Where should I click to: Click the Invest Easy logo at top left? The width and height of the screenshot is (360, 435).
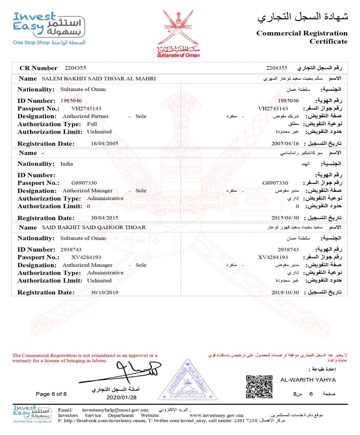pos(49,28)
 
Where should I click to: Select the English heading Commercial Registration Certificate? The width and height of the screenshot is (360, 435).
pos(302,37)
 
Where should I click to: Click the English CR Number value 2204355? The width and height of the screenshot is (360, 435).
pos(75,68)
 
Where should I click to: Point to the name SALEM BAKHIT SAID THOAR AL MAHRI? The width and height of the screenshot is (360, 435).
pos(98,79)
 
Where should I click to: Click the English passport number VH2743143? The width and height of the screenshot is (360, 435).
pos(86,109)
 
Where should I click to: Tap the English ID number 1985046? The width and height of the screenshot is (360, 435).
pos(71,101)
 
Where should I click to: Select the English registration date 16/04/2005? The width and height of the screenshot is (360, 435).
pos(104,144)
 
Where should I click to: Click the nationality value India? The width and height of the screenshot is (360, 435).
pos(66,164)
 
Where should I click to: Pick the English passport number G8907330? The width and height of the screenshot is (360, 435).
pos(84,183)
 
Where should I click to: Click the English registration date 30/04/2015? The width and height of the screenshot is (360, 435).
pos(104,218)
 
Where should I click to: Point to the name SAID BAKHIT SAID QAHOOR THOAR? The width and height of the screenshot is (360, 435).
pos(94,228)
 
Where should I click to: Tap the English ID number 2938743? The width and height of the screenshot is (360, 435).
pos(71,249)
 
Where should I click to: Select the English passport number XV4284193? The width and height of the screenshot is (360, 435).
pos(86,257)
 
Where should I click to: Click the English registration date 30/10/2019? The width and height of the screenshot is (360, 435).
pos(104,292)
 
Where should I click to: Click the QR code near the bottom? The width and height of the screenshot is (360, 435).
pos(259,387)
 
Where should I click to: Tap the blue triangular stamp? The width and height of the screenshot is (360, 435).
pos(187,381)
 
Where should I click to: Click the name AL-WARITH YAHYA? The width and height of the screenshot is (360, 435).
pos(308,380)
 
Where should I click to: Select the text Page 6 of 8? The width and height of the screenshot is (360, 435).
pos(51,394)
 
